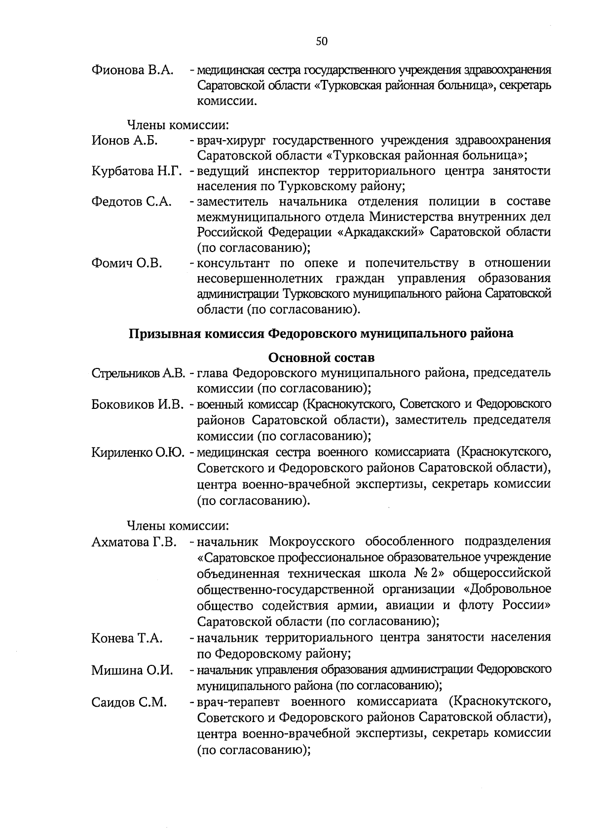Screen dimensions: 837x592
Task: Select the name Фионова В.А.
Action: [133, 70]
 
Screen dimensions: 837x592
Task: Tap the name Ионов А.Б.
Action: [125, 141]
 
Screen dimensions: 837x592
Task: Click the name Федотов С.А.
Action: [132, 202]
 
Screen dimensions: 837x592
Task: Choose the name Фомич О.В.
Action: [127, 263]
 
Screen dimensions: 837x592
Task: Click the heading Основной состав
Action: [321, 357]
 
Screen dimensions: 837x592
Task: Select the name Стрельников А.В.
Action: [138, 373]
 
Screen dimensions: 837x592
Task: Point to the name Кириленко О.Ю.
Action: [138, 452]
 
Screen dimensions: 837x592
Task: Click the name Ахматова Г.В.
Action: [134, 543]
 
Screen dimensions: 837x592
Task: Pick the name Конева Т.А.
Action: [127, 638]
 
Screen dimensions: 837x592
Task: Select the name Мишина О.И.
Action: [132, 670]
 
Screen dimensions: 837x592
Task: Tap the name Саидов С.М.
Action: [129, 702]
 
